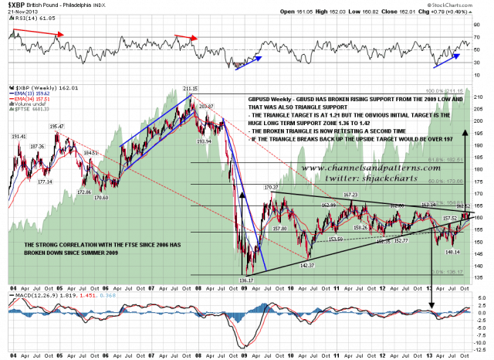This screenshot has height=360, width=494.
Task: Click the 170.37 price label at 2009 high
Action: (x=270, y=187)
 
